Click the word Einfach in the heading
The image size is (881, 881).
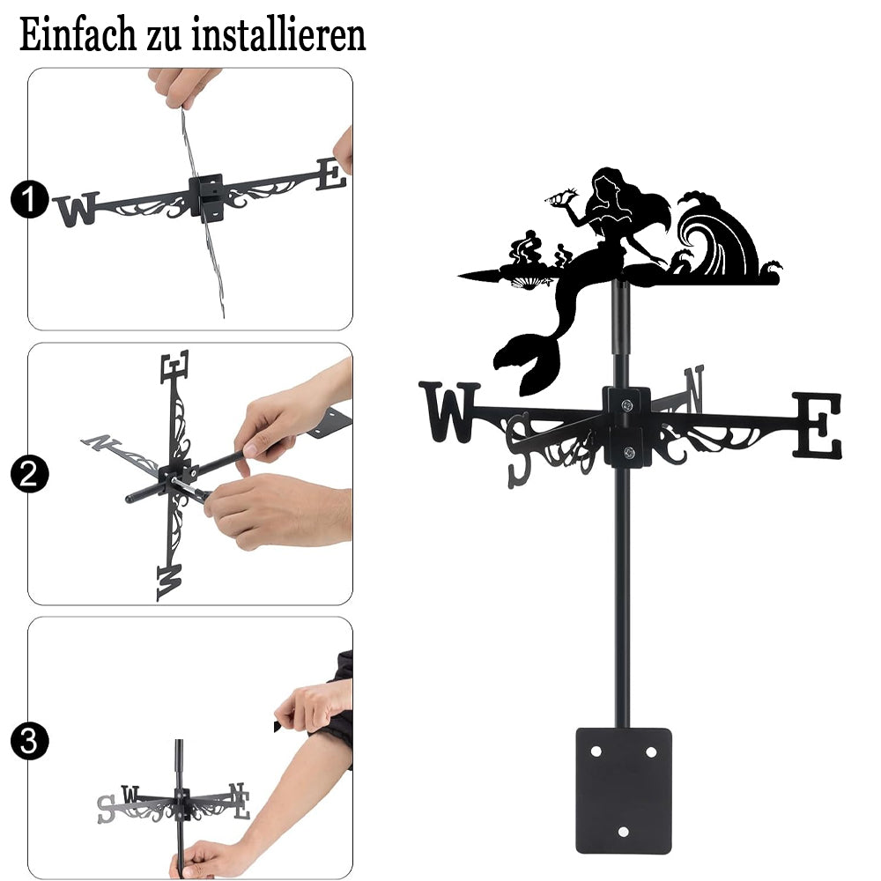[78, 34]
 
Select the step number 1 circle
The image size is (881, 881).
[30, 199]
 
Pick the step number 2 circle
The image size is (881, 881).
[30, 474]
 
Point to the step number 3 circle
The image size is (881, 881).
[30, 741]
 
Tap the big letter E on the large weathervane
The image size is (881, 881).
[818, 426]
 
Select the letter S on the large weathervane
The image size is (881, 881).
[519, 450]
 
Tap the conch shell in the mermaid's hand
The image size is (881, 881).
[562, 196]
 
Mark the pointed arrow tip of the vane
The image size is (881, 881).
[460, 276]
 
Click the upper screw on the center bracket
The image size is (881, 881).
[627, 404]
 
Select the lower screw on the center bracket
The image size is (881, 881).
[629, 451]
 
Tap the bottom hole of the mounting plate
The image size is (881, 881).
[623, 832]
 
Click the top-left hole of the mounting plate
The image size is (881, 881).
[596, 751]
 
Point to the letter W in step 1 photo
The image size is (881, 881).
[77, 209]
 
